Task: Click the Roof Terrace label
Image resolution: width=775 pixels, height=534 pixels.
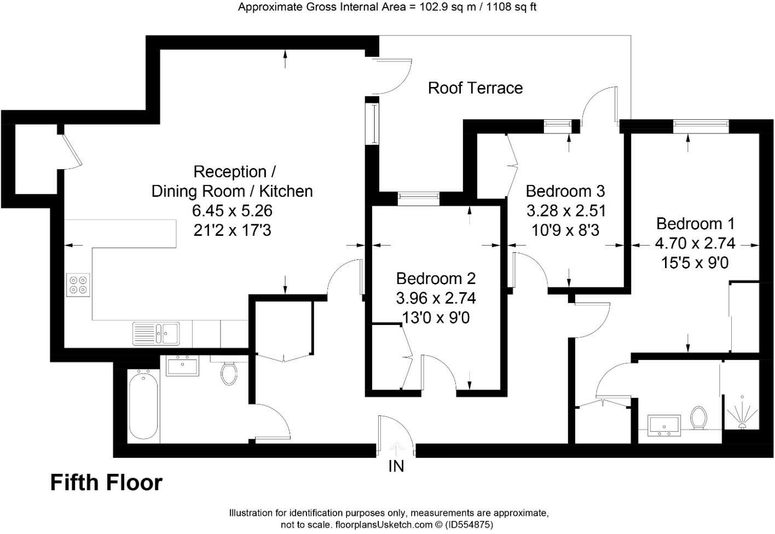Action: pyautogui.click(x=475, y=88)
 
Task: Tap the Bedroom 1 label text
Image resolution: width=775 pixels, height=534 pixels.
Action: pyautogui.click(x=695, y=224)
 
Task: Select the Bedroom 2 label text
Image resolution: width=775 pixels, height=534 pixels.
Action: pyautogui.click(x=436, y=278)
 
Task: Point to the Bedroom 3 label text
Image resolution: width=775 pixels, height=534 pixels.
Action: pyautogui.click(x=565, y=191)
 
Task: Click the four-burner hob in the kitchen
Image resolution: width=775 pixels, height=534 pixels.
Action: pyautogui.click(x=78, y=285)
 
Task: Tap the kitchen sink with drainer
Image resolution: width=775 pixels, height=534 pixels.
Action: pyautogui.click(x=156, y=333)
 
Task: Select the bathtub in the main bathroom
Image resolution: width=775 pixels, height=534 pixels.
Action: pyautogui.click(x=143, y=404)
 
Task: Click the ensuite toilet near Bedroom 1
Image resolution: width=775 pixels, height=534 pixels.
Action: pyautogui.click(x=698, y=417)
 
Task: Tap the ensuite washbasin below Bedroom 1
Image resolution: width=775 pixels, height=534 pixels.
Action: pyautogui.click(x=664, y=425)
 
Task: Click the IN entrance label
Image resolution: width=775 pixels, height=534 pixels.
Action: pyautogui.click(x=396, y=466)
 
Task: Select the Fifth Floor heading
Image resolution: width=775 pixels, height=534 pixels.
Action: pyautogui.click(x=106, y=483)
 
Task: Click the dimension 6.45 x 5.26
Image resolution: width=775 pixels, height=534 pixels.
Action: pyautogui.click(x=232, y=211)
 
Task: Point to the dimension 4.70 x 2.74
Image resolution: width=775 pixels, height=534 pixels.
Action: pyautogui.click(x=695, y=243)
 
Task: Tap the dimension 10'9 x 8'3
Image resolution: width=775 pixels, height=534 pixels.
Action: pyautogui.click(x=565, y=230)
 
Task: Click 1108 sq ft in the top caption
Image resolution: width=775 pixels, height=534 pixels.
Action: pyautogui.click(x=513, y=7)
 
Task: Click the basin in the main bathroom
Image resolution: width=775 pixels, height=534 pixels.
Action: pyautogui.click(x=183, y=365)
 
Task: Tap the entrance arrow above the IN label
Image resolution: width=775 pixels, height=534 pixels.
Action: pyautogui.click(x=396, y=448)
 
